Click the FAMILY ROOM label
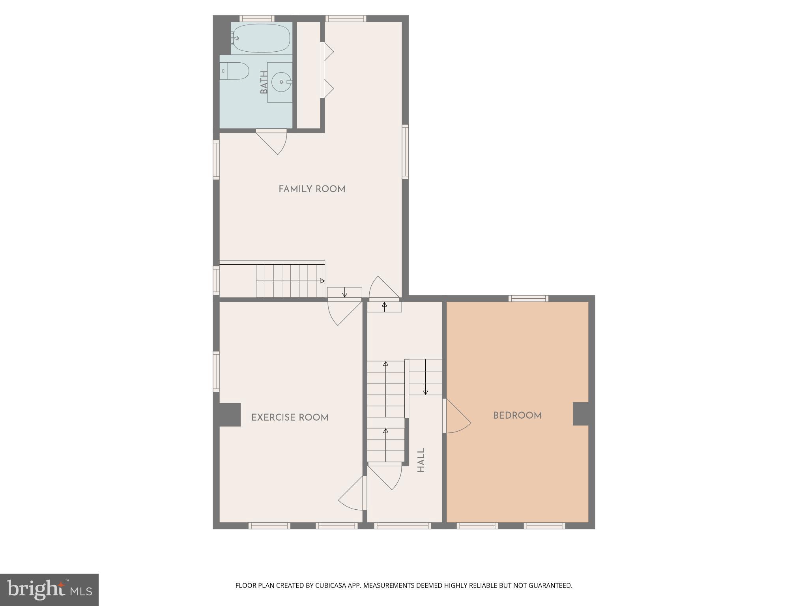(x=312, y=189)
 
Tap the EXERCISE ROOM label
(x=290, y=417)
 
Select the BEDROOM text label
(x=517, y=415)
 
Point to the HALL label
(x=421, y=460)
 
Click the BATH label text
(x=264, y=82)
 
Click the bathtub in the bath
(x=261, y=38)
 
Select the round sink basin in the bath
(x=281, y=82)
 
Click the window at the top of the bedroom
(x=528, y=298)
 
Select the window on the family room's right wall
(x=405, y=152)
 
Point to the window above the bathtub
(x=257, y=19)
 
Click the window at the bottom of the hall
(x=402, y=526)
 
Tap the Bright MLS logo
(x=49, y=589)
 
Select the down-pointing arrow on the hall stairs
(x=425, y=391)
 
